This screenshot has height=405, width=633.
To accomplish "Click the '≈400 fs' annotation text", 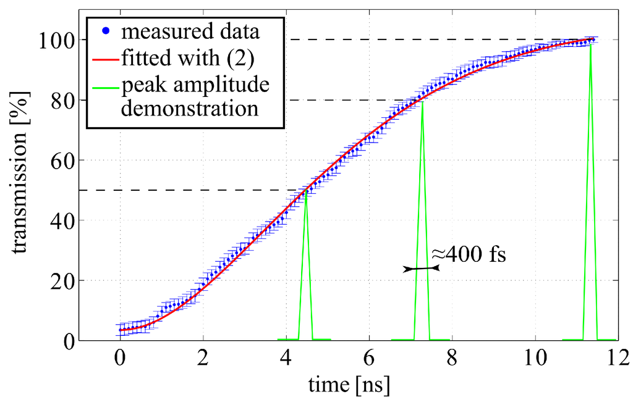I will tap(468, 254).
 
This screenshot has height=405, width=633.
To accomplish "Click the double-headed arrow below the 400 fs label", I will tap(421, 269).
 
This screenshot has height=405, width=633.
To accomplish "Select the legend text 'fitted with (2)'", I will tap(176, 59).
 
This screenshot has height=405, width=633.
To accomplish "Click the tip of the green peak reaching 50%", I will tap(305, 191).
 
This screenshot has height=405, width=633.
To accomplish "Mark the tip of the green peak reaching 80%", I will tap(422, 102).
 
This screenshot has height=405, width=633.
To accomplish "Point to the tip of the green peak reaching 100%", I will tap(592, 42).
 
